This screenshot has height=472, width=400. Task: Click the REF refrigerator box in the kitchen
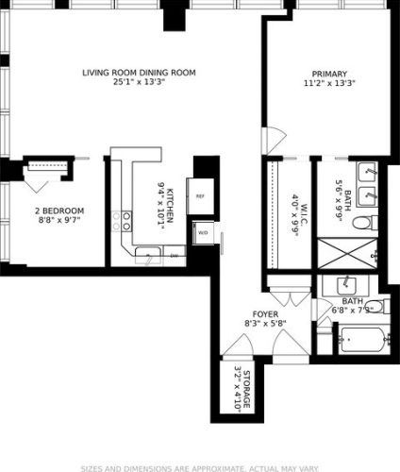(x=200, y=196)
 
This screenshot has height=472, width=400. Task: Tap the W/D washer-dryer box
(x=202, y=231)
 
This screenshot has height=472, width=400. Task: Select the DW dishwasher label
(x=174, y=255)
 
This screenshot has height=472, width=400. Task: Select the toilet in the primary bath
(x=366, y=223)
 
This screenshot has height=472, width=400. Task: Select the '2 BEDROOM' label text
(x=59, y=211)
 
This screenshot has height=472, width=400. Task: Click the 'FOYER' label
(x=264, y=313)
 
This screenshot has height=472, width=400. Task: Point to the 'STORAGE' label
(x=247, y=392)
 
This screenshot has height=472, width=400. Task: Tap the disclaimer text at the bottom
(x=199, y=466)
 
